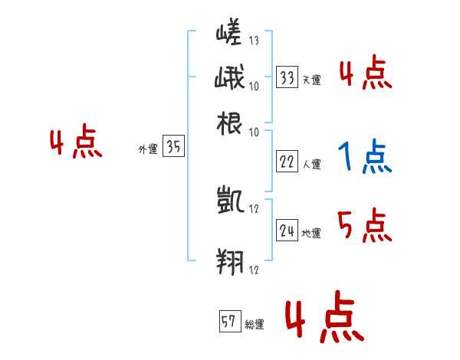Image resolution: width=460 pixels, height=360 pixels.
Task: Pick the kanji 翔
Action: tap(229, 260)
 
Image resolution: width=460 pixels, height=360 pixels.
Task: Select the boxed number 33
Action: tap(287, 77)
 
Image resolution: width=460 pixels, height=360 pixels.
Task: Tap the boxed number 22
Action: tap(287, 162)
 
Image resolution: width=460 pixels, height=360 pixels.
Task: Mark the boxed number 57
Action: tap(228, 322)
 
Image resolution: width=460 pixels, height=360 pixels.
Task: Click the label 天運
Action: tap(311, 80)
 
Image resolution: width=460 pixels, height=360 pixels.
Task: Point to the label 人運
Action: tap(311, 164)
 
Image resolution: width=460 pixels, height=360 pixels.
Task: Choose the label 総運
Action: tap(255, 325)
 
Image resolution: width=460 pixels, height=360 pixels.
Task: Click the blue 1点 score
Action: tap(364, 158)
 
